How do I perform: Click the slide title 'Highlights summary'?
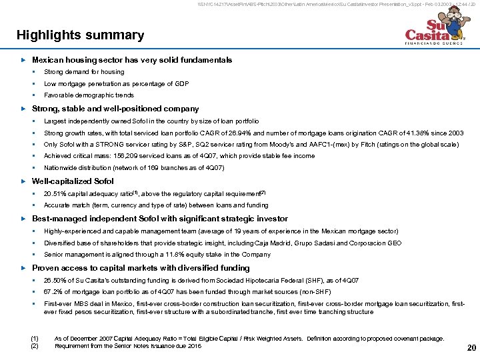80,35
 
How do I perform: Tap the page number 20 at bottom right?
471,347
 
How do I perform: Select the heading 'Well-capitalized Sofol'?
73,181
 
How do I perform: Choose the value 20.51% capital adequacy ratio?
55,194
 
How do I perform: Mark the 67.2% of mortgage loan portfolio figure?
53,292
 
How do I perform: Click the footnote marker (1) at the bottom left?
35,339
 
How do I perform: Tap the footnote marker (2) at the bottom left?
35,346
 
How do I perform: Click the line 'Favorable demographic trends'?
89,95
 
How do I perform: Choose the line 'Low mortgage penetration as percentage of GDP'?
116,84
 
